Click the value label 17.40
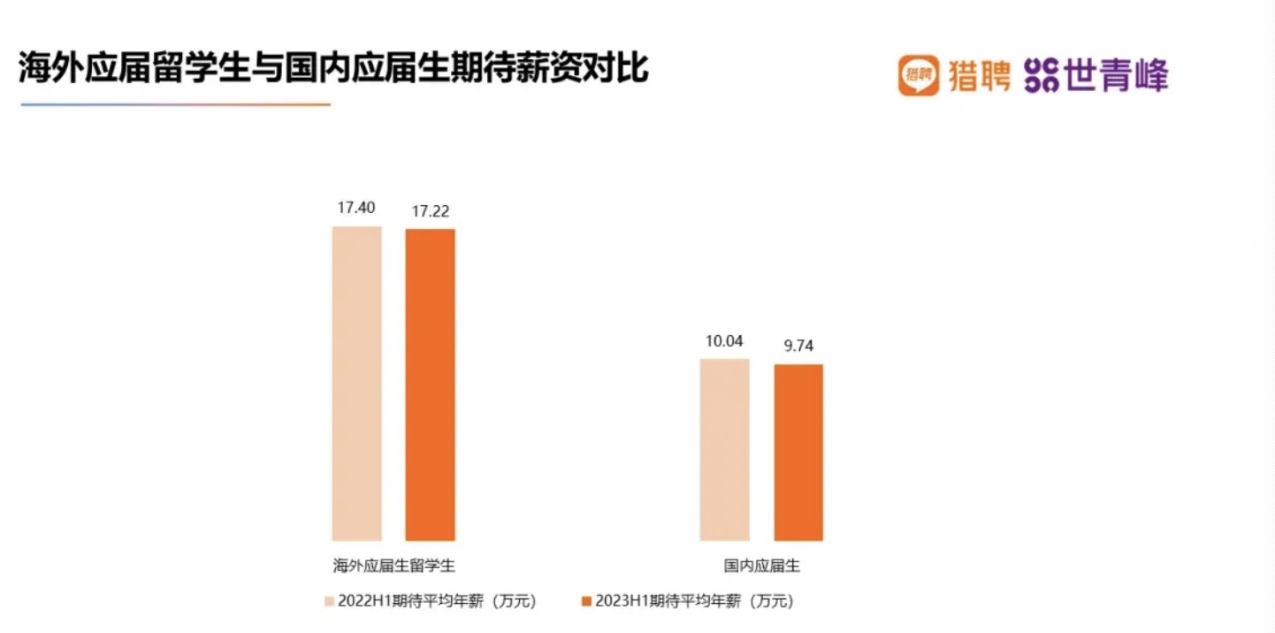coord(356,209)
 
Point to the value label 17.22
coord(430,212)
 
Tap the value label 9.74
coord(798,346)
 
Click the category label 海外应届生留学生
coord(393,566)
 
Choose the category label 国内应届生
coord(761,566)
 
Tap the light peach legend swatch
coord(329,601)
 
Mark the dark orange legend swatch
coord(585,601)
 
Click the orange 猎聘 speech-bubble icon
coord(919,76)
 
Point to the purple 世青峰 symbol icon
coord(1041,76)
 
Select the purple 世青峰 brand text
coord(1116,76)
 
